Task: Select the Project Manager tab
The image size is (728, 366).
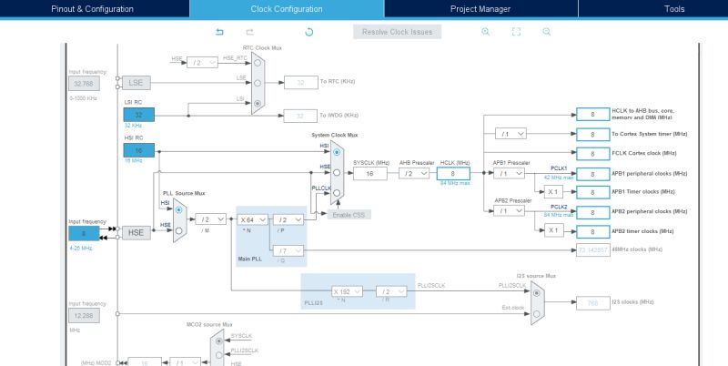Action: (x=480, y=9)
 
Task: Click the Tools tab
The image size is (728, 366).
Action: (x=674, y=9)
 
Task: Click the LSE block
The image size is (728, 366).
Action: (x=136, y=82)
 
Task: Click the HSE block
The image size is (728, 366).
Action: (x=136, y=232)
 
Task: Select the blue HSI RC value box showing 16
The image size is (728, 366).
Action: (x=139, y=150)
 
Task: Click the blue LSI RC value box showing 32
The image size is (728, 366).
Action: (x=139, y=115)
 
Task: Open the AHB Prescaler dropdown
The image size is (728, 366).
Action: (x=414, y=173)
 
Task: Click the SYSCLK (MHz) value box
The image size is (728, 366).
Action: (x=369, y=173)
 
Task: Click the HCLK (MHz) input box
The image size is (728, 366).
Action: (x=459, y=173)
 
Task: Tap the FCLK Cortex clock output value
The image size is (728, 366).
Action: (x=592, y=153)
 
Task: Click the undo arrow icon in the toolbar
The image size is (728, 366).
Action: (x=219, y=32)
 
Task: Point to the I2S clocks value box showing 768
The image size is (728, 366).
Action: (x=592, y=303)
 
